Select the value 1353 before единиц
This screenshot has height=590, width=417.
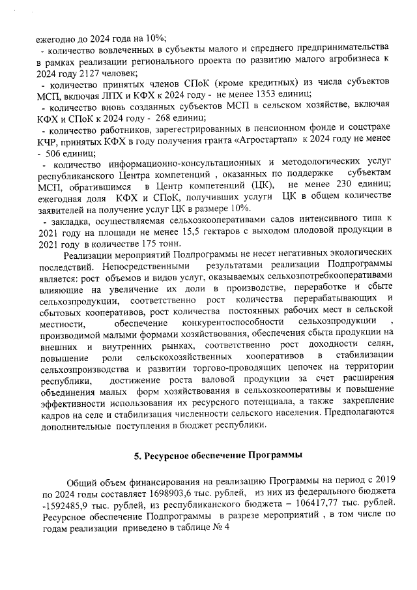pos(266,94)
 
